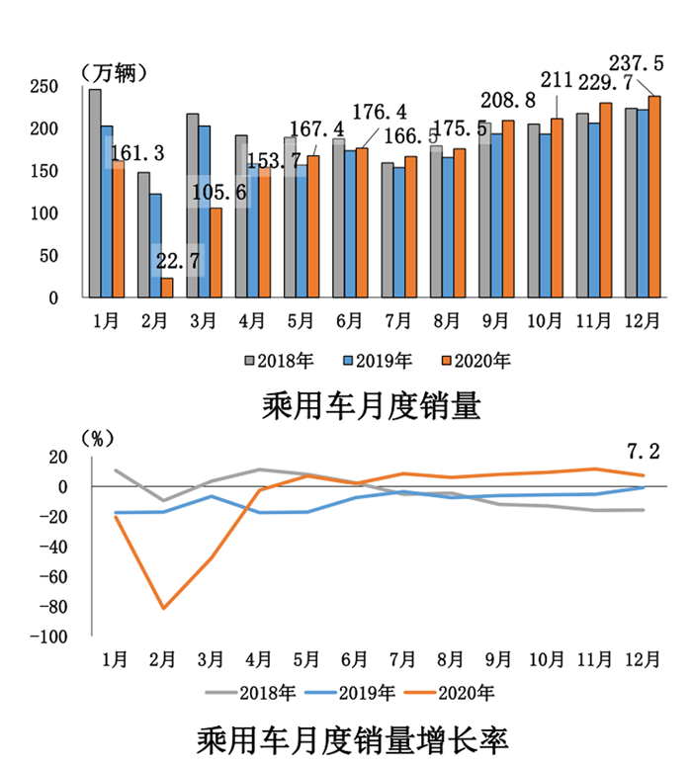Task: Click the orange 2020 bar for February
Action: pos(167,287)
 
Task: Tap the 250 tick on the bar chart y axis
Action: pos(42,87)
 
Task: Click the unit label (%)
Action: pos(98,437)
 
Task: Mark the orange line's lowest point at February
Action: pos(163,608)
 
